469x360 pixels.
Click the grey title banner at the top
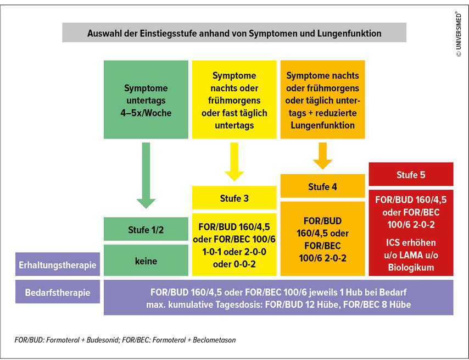[x=234, y=32]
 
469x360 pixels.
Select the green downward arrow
[x=146, y=175]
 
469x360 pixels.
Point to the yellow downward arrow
[x=234, y=162]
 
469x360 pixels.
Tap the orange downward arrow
[x=322, y=156]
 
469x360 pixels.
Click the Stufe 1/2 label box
[x=146, y=229]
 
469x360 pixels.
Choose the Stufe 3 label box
[x=234, y=198]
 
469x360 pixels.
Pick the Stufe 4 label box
[x=322, y=186]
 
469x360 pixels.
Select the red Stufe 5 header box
[x=411, y=174]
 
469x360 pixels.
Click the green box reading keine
[x=146, y=261]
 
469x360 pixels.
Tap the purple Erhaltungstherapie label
[x=58, y=264]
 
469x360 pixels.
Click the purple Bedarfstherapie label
[x=58, y=292]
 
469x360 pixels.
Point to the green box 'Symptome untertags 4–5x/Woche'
[x=146, y=99]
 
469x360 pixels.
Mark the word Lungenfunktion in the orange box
[x=322, y=125]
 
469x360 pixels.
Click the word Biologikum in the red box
[x=411, y=267]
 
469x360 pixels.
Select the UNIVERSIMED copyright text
[x=459, y=34]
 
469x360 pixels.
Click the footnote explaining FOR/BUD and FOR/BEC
[x=125, y=340]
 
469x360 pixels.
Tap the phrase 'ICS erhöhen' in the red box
[x=411, y=242]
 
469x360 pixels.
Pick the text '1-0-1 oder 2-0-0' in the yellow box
[x=234, y=252]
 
